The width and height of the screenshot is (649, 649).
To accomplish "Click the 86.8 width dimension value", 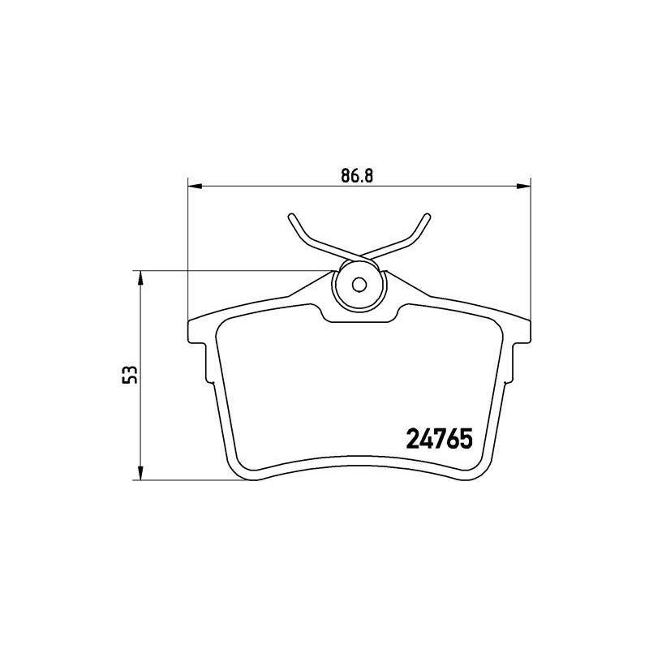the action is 357,176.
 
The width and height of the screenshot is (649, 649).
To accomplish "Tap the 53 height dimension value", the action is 130,375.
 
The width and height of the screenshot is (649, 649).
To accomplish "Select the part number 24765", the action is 440,439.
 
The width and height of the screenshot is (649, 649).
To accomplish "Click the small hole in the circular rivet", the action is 359,285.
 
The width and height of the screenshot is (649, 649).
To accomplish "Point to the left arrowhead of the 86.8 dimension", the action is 195,187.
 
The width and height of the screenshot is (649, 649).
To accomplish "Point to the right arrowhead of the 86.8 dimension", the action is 523,187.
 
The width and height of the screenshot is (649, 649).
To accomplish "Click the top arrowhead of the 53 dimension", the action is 140,278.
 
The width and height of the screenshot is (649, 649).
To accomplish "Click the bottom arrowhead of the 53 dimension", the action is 140,473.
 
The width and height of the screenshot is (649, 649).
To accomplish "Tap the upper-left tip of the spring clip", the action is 291,216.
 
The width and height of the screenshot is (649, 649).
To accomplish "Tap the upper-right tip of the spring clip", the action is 428,216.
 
